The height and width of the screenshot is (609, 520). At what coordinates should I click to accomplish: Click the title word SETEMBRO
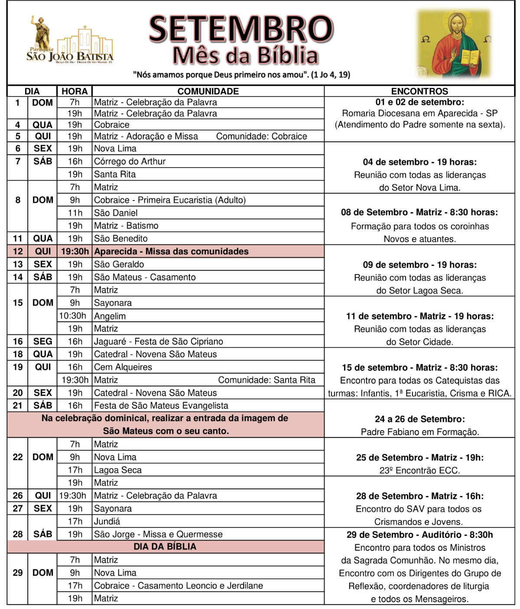point(241,29)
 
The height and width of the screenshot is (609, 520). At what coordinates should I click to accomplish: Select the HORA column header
point(75,91)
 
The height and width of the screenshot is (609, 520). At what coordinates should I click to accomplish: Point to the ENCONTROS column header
point(419,91)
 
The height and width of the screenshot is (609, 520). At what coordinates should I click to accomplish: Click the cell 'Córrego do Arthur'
point(130,162)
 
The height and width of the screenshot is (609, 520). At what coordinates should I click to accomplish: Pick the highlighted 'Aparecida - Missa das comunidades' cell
point(172,252)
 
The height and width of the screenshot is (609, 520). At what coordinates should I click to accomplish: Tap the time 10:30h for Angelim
point(73,316)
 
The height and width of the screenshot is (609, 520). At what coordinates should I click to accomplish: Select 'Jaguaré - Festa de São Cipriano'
point(159,341)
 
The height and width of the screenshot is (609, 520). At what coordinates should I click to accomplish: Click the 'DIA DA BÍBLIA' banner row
point(165,547)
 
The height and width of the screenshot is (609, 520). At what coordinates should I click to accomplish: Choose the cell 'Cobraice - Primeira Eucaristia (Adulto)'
point(170,200)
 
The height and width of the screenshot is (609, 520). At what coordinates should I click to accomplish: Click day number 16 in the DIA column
point(18,341)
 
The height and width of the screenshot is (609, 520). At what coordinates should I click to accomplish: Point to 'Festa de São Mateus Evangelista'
point(161,405)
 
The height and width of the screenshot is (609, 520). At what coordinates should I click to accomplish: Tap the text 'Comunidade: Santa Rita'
point(266,380)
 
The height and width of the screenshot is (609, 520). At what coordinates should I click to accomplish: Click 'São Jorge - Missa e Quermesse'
point(158,534)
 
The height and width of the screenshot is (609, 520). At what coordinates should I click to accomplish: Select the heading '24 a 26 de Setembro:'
point(419,419)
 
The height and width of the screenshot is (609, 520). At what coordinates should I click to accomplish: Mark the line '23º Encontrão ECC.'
point(419,470)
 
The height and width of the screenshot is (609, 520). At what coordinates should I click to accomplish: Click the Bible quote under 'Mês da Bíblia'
point(241,75)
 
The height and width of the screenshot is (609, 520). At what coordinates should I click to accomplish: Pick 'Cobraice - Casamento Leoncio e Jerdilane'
point(179,586)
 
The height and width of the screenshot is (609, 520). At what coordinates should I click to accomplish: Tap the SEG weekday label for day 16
point(43,341)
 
